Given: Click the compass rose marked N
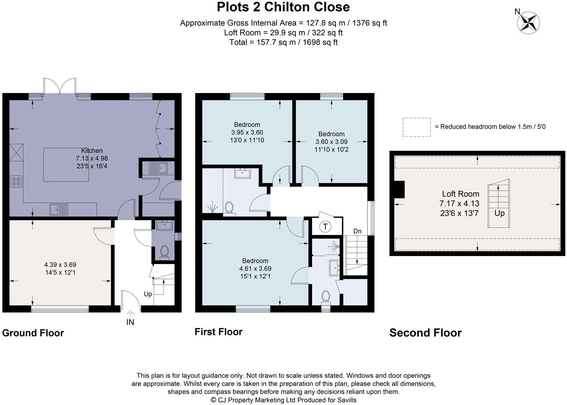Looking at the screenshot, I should [528, 23].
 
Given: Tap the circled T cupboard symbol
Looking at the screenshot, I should [325, 227].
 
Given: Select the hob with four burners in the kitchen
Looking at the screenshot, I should [16, 182].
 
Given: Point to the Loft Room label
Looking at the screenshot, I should [460, 194].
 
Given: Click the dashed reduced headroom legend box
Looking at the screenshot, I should [416, 127].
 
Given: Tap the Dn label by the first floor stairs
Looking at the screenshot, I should [357, 231].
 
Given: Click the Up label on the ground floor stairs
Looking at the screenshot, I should [148, 294].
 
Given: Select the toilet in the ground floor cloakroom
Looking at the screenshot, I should [164, 252].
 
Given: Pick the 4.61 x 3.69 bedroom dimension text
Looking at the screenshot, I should [255, 269].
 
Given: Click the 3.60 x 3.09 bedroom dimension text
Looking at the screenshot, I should [331, 142].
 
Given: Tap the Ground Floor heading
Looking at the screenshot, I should [33, 333].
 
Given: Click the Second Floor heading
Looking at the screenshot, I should [425, 333].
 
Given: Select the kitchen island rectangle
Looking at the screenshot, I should [66, 165].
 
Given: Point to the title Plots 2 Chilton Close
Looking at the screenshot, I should [283, 7].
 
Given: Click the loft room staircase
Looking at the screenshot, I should [499, 204].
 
